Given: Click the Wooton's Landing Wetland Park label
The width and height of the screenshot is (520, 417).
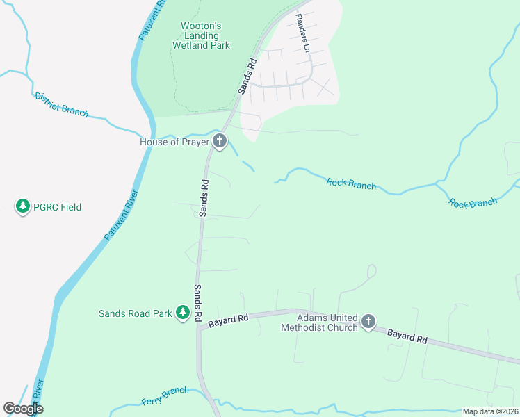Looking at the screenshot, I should (201, 35).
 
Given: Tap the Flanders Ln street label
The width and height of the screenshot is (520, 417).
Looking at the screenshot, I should (302, 33).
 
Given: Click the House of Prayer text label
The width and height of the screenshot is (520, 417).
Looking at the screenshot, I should (174, 142).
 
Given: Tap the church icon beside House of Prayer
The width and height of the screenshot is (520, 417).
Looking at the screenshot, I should (220, 142).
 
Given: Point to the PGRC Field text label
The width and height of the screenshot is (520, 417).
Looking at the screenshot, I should (58, 207).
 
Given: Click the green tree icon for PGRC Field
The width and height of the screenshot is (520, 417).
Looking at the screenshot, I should (23, 206).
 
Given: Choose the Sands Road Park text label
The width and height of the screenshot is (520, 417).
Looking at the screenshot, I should (135, 313).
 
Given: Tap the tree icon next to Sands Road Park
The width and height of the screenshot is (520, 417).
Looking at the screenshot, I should (183, 313).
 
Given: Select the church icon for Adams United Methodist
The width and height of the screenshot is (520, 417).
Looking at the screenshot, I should (368, 322).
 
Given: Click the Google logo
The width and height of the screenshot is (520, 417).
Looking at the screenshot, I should (23, 409).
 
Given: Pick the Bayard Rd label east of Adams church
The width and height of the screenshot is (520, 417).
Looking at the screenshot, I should (407, 336).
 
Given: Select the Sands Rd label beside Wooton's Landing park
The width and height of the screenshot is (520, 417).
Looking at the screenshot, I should (247, 76).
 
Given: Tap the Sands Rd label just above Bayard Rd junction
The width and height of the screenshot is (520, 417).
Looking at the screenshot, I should (198, 303).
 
